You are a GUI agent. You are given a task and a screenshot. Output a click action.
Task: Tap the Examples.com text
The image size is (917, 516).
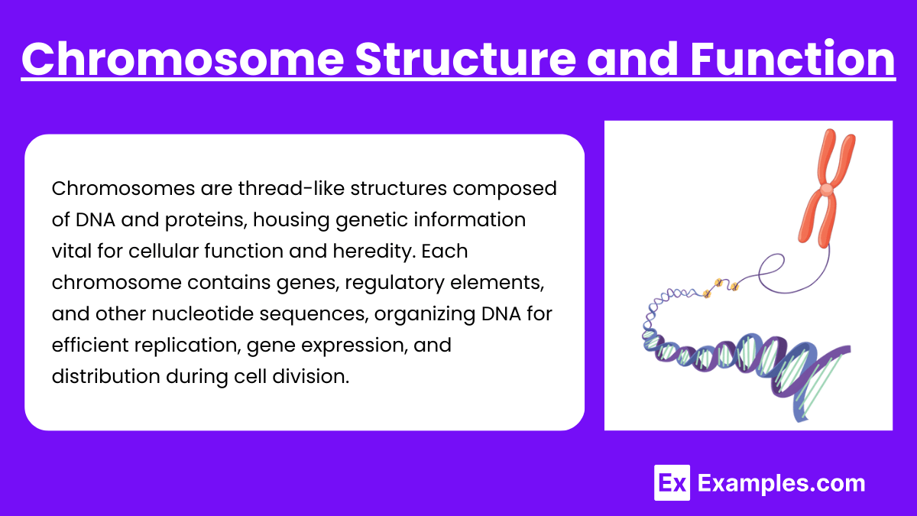pyautogui.click(x=782, y=483)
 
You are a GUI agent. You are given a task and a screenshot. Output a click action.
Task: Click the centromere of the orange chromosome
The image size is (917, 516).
pyautogui.click(x=827, y=189)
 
